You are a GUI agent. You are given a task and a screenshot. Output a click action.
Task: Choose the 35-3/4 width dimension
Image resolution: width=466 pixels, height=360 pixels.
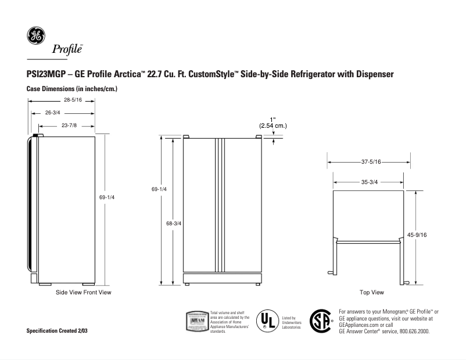pyautogui.click(x=370, y=182)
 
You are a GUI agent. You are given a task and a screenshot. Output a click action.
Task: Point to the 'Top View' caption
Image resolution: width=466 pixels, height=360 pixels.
pyautogui.click(x=371, y=292)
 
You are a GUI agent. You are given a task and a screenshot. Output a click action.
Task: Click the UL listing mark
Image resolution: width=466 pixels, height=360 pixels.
pyautogui.click(x=267, y=320)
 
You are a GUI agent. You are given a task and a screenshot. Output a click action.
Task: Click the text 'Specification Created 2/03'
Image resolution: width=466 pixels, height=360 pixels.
pyautogui.click(x=58, y=330)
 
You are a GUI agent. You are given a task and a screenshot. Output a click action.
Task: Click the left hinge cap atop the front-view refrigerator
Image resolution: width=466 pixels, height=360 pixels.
pyautogui.click(x=186, y=137)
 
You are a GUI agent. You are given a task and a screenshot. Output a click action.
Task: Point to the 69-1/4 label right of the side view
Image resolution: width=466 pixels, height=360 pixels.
pyautogui.click(x=107, y=197)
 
